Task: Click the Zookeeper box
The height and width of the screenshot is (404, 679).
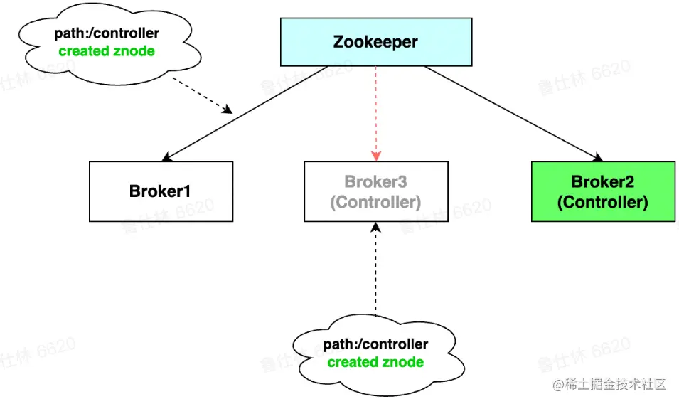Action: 375,42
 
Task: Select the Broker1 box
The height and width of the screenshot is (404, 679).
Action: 161,191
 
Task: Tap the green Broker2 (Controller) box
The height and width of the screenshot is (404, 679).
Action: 603,191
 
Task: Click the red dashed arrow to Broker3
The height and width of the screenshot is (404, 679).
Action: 376,114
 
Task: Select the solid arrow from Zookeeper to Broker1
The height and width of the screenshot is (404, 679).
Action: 245,112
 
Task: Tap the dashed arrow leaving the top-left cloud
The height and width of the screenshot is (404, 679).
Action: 203,95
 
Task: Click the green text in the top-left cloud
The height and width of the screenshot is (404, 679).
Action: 107,51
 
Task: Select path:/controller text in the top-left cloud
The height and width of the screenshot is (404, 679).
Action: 107,33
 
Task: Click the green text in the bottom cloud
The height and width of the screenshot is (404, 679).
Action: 375,362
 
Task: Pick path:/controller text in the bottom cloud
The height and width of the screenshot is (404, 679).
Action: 375,345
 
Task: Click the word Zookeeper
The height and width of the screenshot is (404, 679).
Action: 375,42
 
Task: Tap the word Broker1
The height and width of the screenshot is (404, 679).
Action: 161,191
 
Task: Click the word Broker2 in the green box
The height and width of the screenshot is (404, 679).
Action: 603,182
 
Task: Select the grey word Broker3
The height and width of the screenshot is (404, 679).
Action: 375,182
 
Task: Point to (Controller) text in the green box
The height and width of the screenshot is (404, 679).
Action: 603,202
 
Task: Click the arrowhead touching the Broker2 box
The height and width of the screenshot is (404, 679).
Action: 598,158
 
